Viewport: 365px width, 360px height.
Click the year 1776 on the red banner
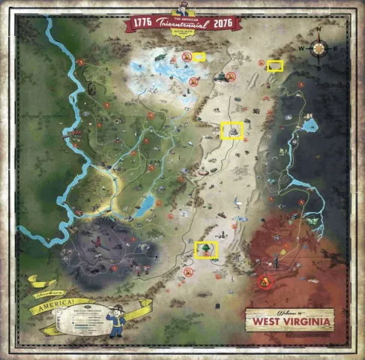[x=145, y=23]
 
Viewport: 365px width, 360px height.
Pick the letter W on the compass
[x=304, y=50]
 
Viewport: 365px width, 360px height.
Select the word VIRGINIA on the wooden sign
[x=304, y=321]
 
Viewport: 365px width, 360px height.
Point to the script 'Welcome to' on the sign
[x=289, y=310]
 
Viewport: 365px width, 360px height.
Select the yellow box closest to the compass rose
[x=276, y=66]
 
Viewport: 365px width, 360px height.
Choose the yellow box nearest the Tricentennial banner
[x=198, y=56]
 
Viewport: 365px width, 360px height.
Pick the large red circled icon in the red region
[x=263, y=281]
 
